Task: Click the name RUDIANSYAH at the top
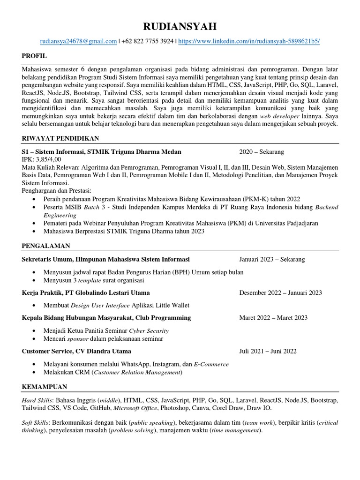[180, 26]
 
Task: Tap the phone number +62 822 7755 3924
[147, 41]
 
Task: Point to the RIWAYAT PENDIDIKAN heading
[60, 138]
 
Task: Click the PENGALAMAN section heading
[46, 245]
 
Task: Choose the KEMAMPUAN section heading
[45, 387]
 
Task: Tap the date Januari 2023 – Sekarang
[271, 259]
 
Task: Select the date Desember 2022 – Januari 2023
[280, 292]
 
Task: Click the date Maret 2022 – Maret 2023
[273, 317]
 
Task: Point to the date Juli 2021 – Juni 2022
[268, 351]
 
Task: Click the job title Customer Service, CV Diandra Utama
[76, 351]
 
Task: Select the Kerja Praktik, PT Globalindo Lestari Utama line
[86, 292]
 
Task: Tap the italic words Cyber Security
[149, 330]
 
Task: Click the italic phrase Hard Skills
[37, 401]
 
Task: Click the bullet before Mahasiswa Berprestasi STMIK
[37, 232]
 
